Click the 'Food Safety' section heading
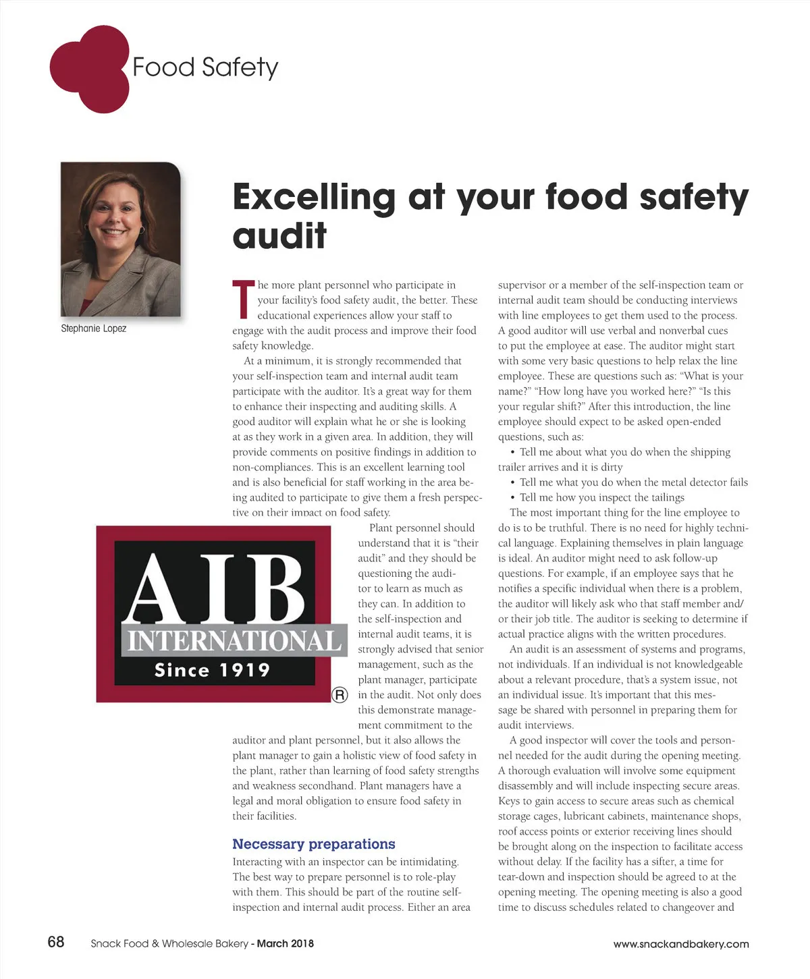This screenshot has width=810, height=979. (205, 67)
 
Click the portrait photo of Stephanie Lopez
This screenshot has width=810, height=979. (121, 239)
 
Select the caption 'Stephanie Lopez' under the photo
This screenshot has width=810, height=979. (94, 329)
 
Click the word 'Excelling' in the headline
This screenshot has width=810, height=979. (314, 197)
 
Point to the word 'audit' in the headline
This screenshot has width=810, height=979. (279, 235)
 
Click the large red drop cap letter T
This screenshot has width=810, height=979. (243, 299)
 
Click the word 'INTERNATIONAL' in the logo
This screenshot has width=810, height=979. (234, 640)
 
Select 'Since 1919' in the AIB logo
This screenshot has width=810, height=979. (212, 670)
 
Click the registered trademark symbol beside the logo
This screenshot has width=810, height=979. (340, 695)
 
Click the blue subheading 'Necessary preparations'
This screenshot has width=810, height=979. (314, 844)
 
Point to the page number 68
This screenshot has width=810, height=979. (56, 942)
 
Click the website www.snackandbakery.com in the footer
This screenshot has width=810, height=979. (681, 944)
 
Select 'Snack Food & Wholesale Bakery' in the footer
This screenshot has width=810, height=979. (169, 943)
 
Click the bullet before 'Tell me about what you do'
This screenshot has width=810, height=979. (513, 452)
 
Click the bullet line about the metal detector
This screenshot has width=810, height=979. (633, 482)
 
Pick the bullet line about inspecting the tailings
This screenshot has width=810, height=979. (601, 497)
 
